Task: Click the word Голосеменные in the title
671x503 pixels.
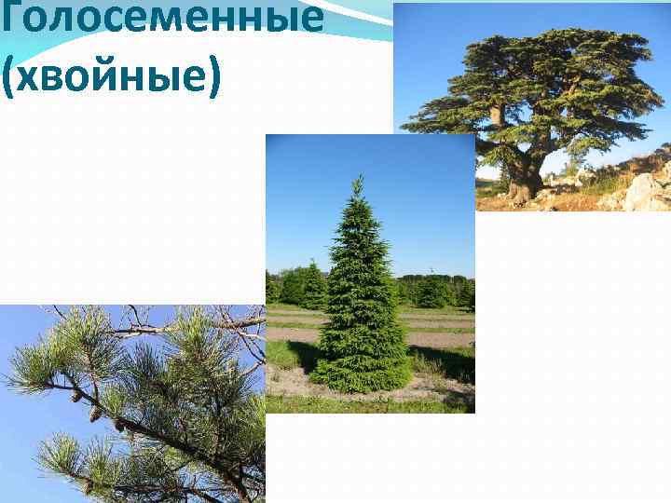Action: (162, 17)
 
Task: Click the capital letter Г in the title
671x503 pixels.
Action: (10, 16)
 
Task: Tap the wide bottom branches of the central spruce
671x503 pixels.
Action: (362, 373)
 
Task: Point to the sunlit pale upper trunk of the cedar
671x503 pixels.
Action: (498, 116)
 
